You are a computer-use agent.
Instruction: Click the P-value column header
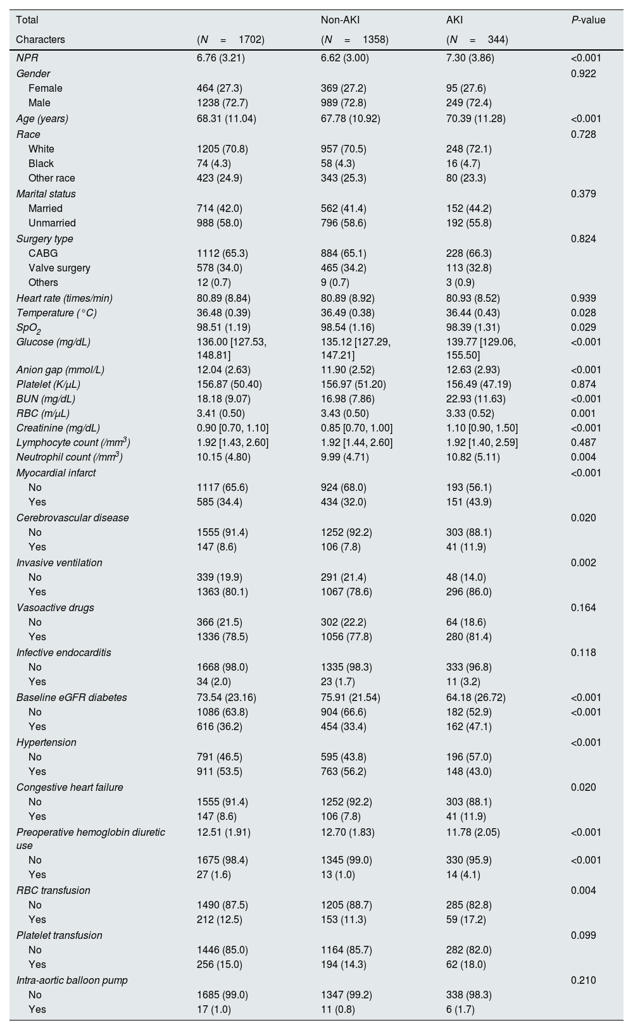pos(587,20)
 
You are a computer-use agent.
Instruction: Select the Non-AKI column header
pos(340,20)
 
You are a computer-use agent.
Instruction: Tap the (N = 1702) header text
pos(230,39)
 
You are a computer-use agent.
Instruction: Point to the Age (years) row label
pos(42,118)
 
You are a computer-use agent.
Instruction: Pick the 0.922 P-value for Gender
pos(583,73)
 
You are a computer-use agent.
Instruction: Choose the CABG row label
pos(43,253)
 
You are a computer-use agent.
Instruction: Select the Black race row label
pos(41,163)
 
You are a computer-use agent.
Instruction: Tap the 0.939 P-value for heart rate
pos(583,298)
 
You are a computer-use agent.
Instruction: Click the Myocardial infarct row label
pos(56,473)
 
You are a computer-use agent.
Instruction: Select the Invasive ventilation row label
pos(59,562)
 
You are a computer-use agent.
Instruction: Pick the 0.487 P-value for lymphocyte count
pos(583,442)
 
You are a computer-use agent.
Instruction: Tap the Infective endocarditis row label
pos(63,652)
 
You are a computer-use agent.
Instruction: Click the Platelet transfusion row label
pos(59,935)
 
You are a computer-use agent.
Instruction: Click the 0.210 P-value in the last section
pos(583,980)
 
